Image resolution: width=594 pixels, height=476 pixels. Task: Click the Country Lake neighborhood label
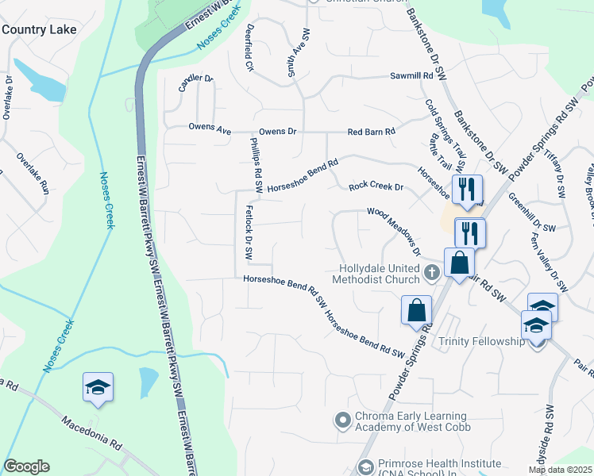(39, 29)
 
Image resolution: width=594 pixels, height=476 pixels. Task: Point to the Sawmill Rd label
(411, 76)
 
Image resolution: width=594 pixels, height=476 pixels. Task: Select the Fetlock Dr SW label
(248, 234)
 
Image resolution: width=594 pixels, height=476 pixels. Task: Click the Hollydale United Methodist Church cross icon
(432, 273)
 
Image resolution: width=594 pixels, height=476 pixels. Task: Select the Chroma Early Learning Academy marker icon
(343, 418)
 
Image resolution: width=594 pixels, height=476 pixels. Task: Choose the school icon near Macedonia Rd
(98, 387)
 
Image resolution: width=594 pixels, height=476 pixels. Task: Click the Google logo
(26, 466)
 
